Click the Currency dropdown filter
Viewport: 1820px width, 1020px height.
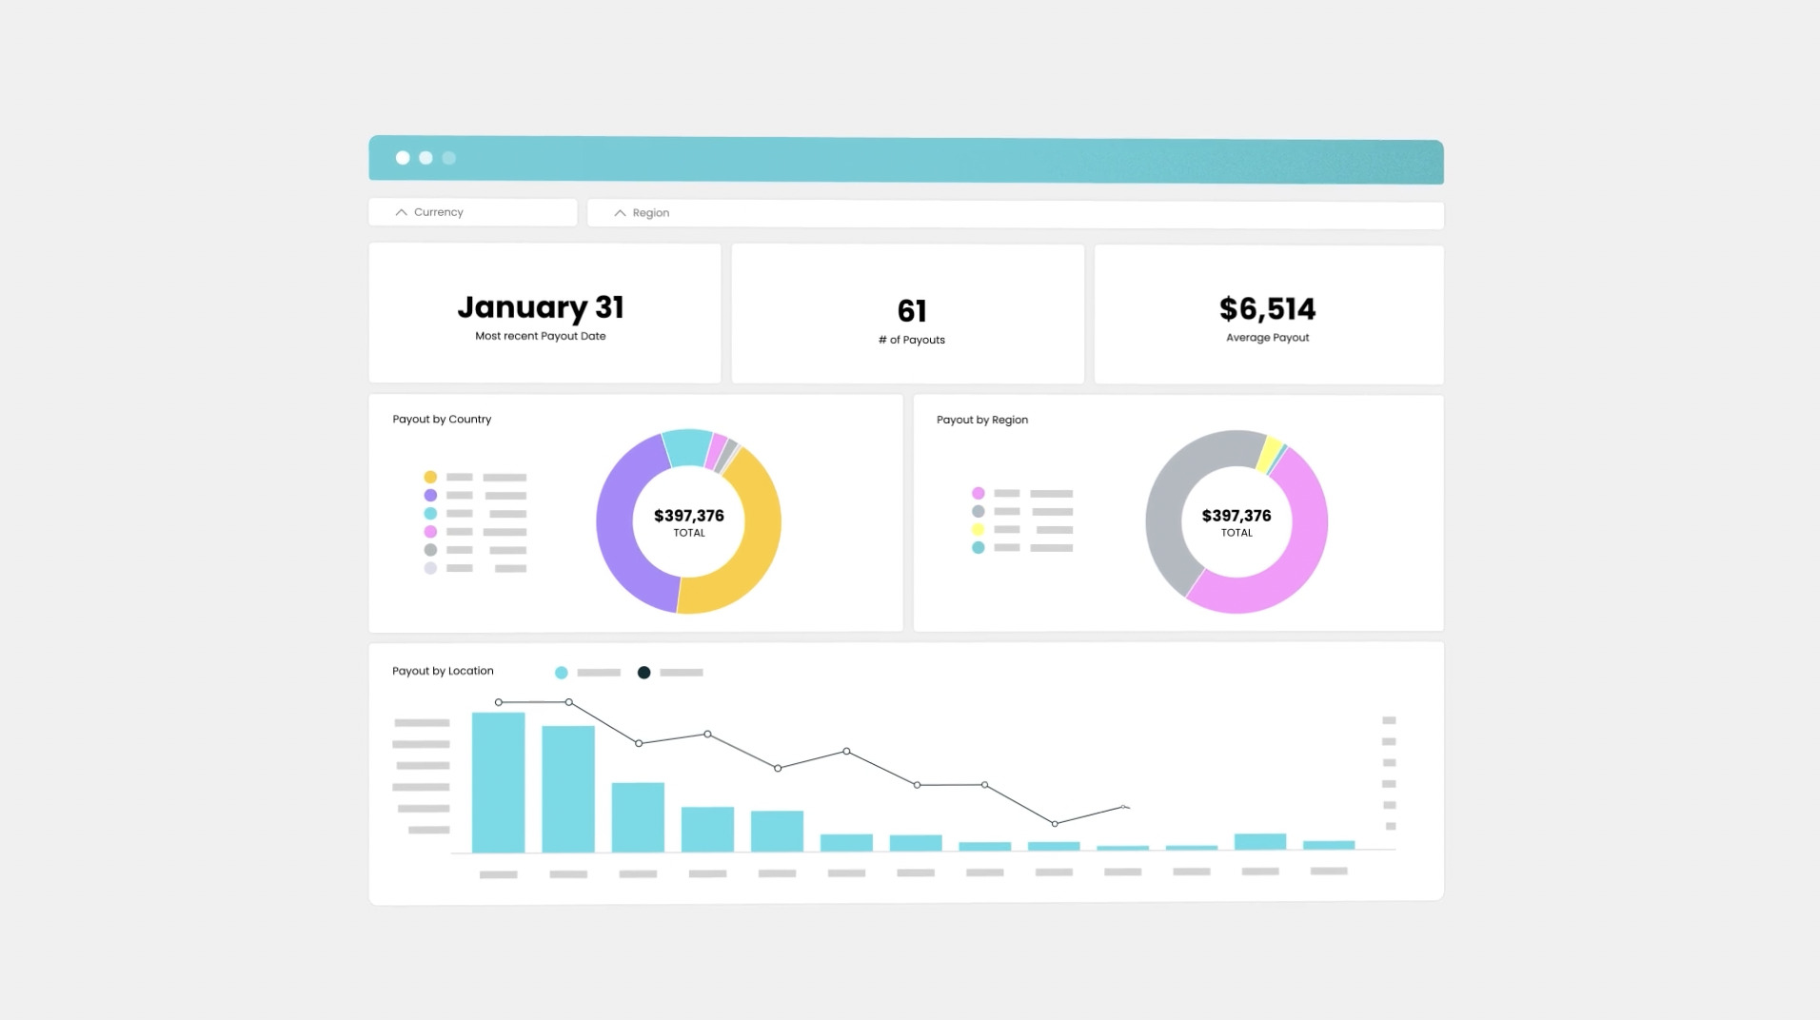[x=472, y=212]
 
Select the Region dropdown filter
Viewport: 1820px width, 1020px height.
[x=1015, y=213]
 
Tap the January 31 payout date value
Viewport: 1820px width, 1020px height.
[x=540, y=307]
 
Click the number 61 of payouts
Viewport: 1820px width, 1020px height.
[x=911, y=311]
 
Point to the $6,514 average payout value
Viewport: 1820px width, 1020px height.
[x=1267, y=309]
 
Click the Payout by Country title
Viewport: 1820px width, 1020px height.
[x=442, y=420]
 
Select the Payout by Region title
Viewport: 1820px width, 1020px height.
[x=981, y=420]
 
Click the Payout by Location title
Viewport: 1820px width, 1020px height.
[x=443, y=671]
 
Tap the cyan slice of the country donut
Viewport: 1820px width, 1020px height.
[x=685, y=447]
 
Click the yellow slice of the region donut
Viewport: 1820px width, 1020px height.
[x=1269, y=453]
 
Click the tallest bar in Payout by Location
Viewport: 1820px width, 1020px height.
[x=498, y=782]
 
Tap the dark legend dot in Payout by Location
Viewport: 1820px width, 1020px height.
[x=643, y=673]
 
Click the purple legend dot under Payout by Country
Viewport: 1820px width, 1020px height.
[x=430, y=496]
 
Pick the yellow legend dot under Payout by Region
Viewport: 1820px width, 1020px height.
[x=978, y=530]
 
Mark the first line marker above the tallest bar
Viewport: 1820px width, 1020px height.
[x=499, y=702]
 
